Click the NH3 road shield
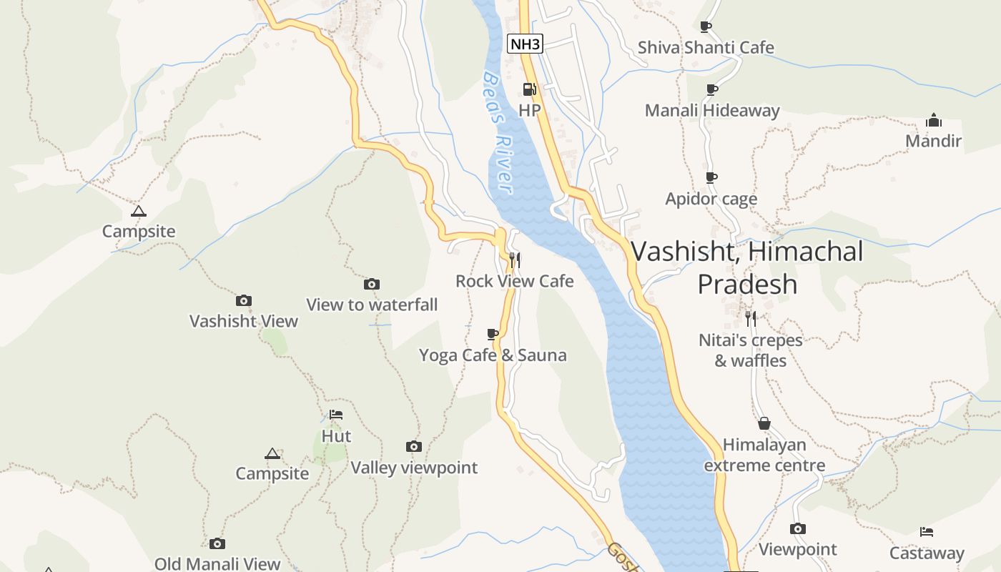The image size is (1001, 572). (526, 44)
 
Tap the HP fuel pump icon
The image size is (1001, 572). (529, 89)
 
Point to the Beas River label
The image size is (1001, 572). (498, 132)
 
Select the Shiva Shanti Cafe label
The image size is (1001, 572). (706, 48)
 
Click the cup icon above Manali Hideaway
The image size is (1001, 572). (711, 89)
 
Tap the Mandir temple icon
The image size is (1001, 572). (933, 119)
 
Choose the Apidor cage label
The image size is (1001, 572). (711, 199)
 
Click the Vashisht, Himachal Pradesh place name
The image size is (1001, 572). (747, 267)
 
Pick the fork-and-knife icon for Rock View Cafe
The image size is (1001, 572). (514, 260)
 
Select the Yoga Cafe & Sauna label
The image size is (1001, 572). (493, 355)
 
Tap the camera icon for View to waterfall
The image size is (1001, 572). (371, 285)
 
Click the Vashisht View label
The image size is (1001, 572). (243, 321)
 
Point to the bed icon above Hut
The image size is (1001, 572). (336, 415)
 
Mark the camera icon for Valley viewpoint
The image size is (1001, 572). (413, 447)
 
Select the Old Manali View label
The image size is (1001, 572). (217, 564)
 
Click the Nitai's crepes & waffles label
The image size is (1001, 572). (751, 350)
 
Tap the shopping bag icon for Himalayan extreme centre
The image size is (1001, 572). (764, 423)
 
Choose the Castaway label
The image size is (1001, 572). (927, 553)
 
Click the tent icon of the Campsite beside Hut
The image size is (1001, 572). (272, 453)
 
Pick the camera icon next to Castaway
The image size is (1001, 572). (798, 529)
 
